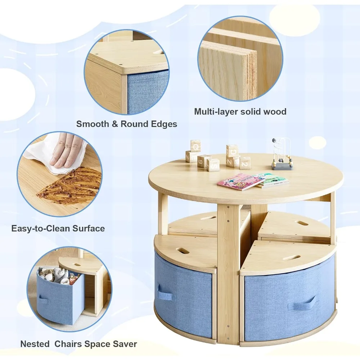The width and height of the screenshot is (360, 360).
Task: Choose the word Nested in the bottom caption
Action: tap(35, 344)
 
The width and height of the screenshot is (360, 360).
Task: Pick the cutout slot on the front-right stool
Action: tap(291, 258)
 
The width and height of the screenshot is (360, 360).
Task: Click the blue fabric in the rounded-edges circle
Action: tap(148, 92)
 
